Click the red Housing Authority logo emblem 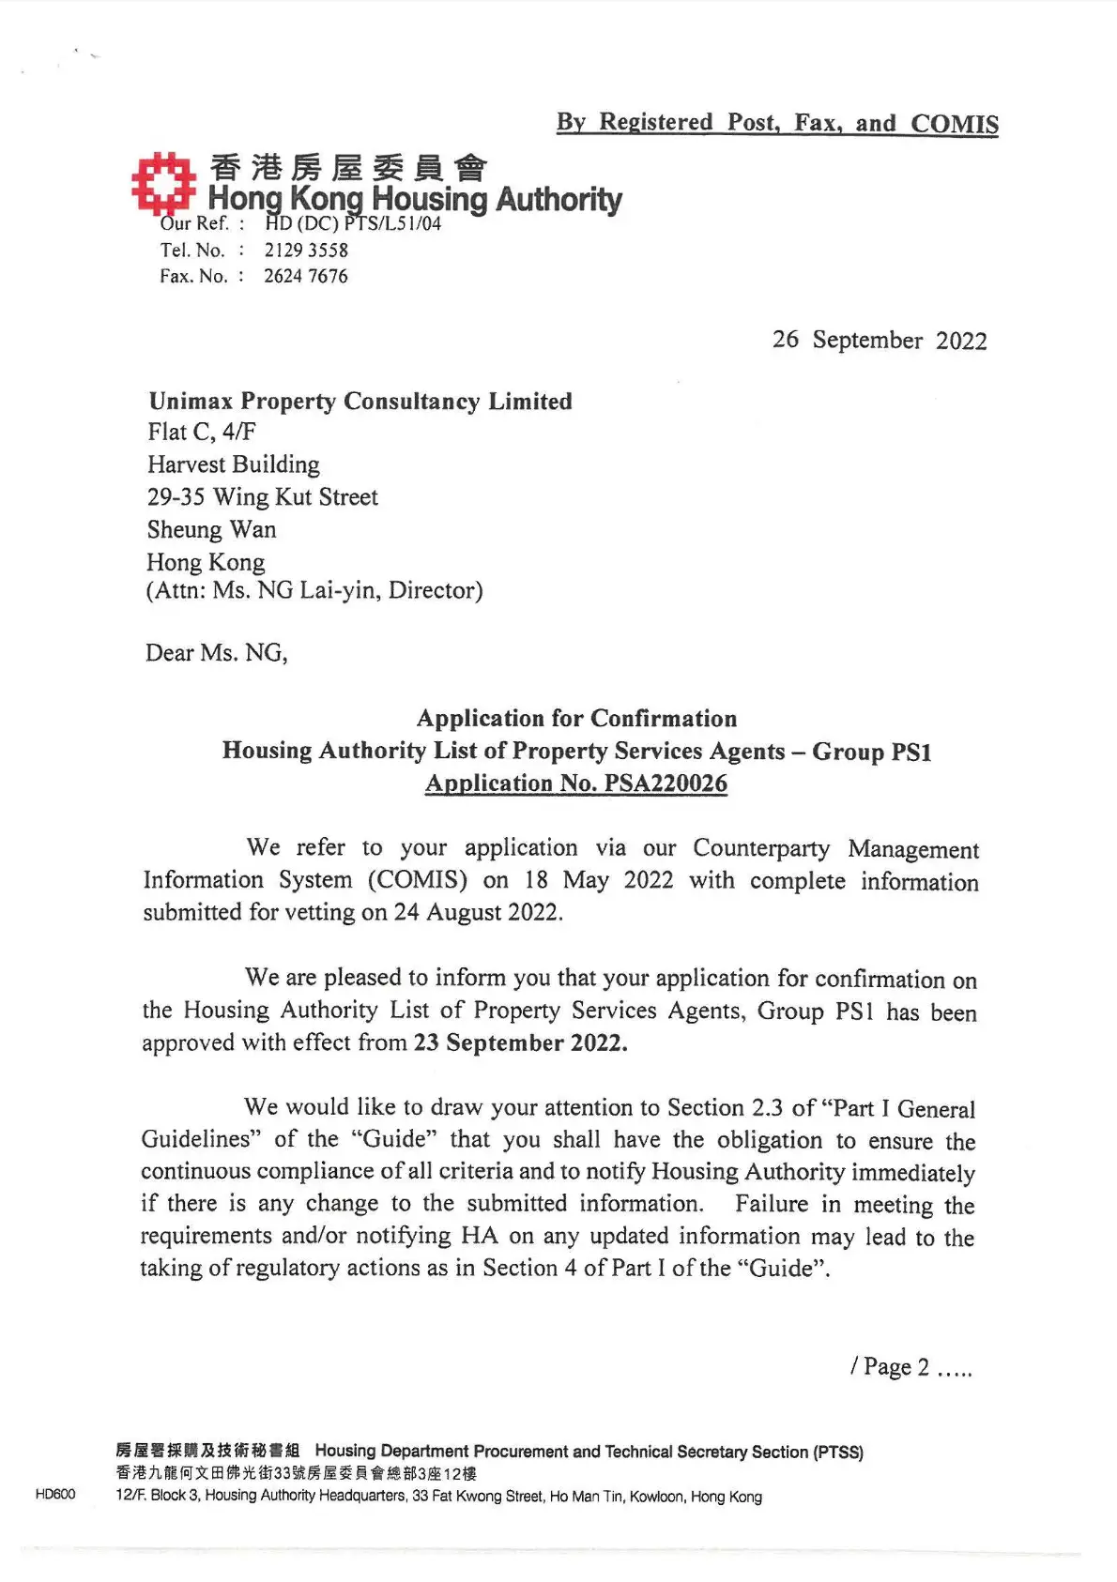tap(162, 181)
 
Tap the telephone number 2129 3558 tap(306, 251)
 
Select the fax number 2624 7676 tap(305, 276)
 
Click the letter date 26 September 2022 tap(880, 340)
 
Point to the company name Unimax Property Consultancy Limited tap(360, 402)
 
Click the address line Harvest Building tap(234, 464)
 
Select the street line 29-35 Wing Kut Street tap(263, 497)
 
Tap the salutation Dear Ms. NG tap(217, 653)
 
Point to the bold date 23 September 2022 tap(520, 1043)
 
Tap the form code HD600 tap(55, 1494)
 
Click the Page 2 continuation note tap(910, 1367)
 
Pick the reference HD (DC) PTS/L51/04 tap(353, 224)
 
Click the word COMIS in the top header tap(955, 124)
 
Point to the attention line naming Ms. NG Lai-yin tap(314, 590)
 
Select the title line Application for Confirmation tap(577, 719)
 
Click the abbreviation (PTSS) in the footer tap(838, 1452)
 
